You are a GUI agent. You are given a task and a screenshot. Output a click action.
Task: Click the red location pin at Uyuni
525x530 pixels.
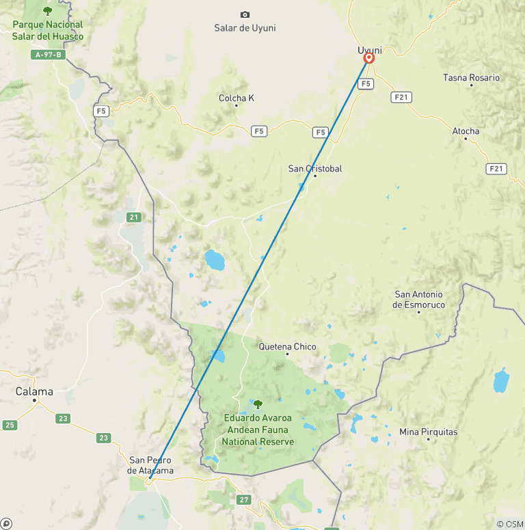pyautogui.click(x=368, y=59)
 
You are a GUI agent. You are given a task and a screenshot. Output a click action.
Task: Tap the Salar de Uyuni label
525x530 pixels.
pyautogui.click(x=245, y=28)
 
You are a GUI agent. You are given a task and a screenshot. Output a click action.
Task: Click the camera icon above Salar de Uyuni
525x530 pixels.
pyautogui.click(x=245, y=14)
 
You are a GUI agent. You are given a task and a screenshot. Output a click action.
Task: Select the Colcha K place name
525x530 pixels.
pyautogui.click(x=237, y=98)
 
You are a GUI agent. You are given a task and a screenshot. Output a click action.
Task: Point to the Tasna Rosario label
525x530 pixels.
pyautogui.click(x=471, y=77)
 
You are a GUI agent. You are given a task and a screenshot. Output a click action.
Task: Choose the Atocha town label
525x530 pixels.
pyautogui.click(x=466, y=130)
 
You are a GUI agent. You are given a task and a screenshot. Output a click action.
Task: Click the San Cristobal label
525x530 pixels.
pyautogui.click(x=315, y=168)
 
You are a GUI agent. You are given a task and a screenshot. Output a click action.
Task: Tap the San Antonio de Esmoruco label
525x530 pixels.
pyautogui.click(x=419, y=299)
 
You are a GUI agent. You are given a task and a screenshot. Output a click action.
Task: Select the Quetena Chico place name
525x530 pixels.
pyautogui.click(x=287, y=346)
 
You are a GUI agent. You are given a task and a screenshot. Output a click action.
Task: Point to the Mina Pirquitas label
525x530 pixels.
pyautogui.click(x=429, y=432)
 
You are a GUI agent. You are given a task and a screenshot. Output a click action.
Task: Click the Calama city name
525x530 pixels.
pyautogui.click(x=34, y=391)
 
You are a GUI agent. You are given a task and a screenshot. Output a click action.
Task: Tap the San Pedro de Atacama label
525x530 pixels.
pyautogui.click(x=150, y=464)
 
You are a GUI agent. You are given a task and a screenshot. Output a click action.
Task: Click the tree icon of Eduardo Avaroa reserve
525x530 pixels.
pyautogui.click(x=258, y=404)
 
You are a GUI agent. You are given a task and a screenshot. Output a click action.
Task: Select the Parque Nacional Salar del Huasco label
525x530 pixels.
pyautogui.click(x=48, y=30)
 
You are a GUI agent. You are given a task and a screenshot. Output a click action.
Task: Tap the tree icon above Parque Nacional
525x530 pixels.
pyautogui.click(x=47, y=10)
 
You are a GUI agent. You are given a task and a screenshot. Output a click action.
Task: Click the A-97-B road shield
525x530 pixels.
pyautogui.click(x=48, y=55)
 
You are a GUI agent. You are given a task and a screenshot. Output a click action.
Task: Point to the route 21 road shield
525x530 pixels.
pyautogui.click(x=133, y=217)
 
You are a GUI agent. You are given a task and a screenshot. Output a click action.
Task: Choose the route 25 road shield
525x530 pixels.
pyautogui.click(x=10, y=425)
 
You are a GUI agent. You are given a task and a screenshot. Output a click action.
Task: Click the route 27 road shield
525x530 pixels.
pyautogui.click(x=245, y=500)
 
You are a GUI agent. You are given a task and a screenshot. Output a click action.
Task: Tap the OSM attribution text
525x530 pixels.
pyautogui.click(x=509, y=524)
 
